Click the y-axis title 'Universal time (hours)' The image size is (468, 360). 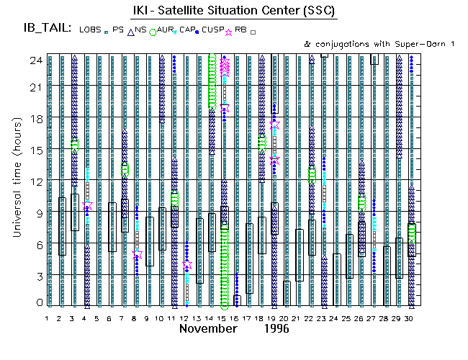[14, 179]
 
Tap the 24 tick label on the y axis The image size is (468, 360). [35, 60]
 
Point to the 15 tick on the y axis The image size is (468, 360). [35, 150]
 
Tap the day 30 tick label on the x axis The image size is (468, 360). [410, 318]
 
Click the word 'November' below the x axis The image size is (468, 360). [208, 329]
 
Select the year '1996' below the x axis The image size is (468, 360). [276, 329]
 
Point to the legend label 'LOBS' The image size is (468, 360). [91, 30]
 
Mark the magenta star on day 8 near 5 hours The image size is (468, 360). [137, 255]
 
